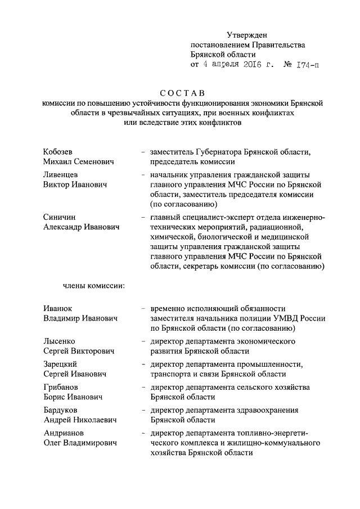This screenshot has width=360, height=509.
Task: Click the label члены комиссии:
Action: click(93, 286)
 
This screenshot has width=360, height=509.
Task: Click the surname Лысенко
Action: click(59, 341)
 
